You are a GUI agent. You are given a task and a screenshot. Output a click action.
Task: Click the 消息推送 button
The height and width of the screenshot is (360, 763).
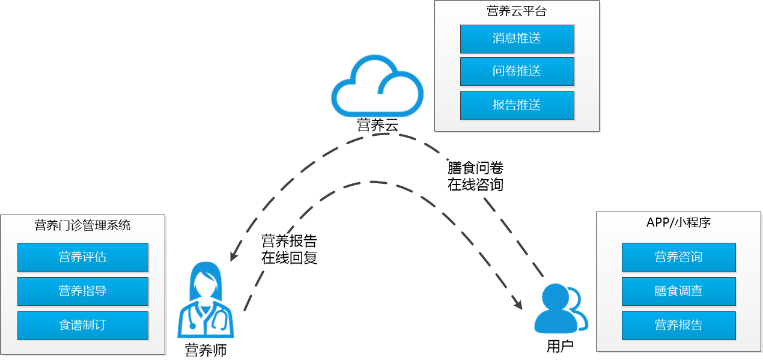tap(517, 39)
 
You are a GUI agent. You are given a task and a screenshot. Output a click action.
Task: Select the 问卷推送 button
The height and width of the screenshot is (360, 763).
tap(517, 72)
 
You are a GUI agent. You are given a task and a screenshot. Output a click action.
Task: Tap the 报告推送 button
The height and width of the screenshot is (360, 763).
tap(517, 106)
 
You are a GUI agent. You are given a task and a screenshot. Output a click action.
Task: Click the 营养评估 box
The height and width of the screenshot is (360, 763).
tap(82, 257)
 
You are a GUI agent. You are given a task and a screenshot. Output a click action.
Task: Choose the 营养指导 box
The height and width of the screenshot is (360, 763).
tap(82, 291)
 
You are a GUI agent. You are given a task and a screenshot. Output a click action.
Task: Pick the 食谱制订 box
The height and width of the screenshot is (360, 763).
tap(82, 326)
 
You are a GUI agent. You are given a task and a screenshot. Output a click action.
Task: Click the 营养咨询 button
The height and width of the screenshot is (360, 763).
tap(678, 257)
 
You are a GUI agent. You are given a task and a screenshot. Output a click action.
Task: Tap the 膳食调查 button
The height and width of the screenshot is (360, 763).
tap(678, 291)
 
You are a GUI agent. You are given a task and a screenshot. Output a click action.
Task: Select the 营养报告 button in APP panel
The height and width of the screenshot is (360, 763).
tap(678, 326)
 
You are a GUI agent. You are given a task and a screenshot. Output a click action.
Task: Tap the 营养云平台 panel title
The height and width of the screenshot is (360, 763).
tap(517, 11)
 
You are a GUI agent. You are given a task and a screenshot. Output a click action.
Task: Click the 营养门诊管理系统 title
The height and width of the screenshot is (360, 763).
tap(82, 226)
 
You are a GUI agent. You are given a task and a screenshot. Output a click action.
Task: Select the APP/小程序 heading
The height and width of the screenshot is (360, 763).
tap(678, 222)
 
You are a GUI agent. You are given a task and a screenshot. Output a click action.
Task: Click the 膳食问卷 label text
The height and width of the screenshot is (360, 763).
tap(475, 168)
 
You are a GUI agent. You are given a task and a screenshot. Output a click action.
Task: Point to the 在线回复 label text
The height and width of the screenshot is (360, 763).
tap(289, 258)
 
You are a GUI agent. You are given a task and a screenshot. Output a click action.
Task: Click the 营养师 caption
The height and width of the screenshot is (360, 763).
tap(205, 350)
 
